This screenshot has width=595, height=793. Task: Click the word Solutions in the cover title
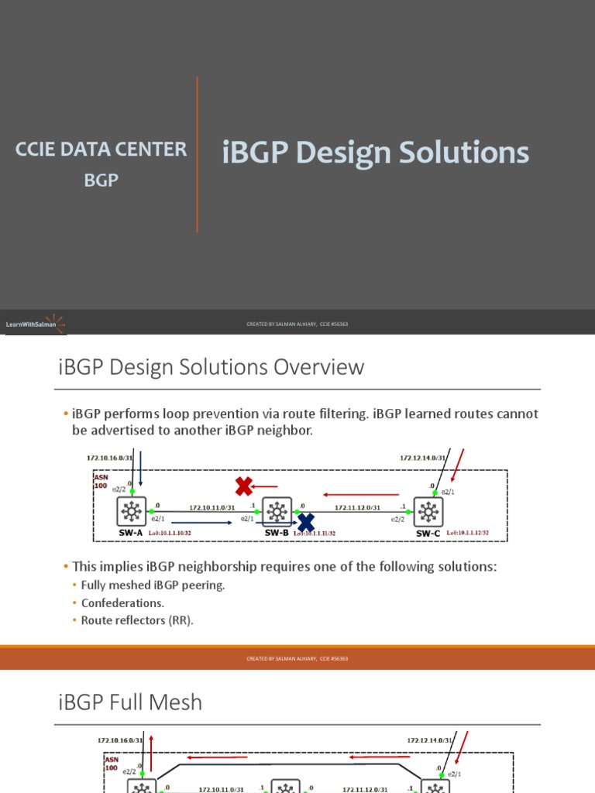(x=464, y=153)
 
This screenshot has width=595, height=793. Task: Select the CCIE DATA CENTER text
(x=101, y=149)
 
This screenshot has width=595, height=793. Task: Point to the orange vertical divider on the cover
(x=198, y=155)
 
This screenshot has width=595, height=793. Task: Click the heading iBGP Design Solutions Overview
(x=211, y=366)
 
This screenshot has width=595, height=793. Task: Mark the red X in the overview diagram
(x=244, y=486)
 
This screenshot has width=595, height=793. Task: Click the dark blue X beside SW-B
(x=306, y=522)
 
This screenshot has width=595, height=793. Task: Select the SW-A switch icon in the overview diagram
(x=132, y=512)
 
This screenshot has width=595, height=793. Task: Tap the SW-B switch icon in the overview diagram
(x=277, y=512)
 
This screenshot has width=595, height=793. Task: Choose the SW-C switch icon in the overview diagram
(x=428, y=512)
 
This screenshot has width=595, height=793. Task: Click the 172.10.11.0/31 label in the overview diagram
(x=213, y=507)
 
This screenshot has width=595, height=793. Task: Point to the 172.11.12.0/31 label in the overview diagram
(x=357, y=507)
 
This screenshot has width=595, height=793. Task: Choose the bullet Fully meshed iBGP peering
(x=153, y=585)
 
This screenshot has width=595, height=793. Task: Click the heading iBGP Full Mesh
(x=130, y=702)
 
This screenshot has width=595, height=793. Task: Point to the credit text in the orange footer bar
(x=297, y=658)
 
